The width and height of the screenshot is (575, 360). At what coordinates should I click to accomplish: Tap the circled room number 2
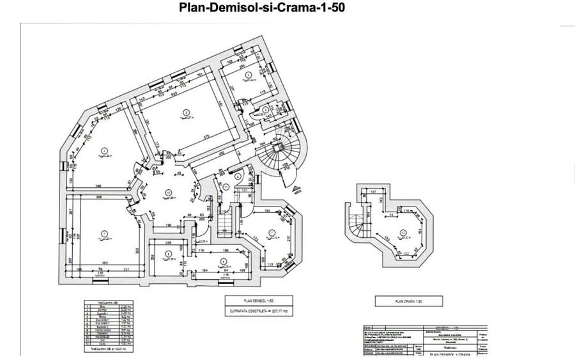[103, 151]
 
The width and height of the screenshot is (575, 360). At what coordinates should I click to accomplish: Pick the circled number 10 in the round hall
[168, 192]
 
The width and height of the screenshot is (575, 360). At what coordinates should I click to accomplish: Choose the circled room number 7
[272, 232]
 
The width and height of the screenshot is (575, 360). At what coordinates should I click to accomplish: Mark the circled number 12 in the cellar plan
[403, 232]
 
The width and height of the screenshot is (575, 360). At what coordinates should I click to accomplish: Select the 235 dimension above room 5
[167, 243]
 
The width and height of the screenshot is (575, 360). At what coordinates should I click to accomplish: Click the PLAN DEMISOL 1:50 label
[258, 300]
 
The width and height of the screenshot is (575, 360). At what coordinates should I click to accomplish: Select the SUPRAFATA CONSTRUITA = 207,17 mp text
[258, 311]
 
